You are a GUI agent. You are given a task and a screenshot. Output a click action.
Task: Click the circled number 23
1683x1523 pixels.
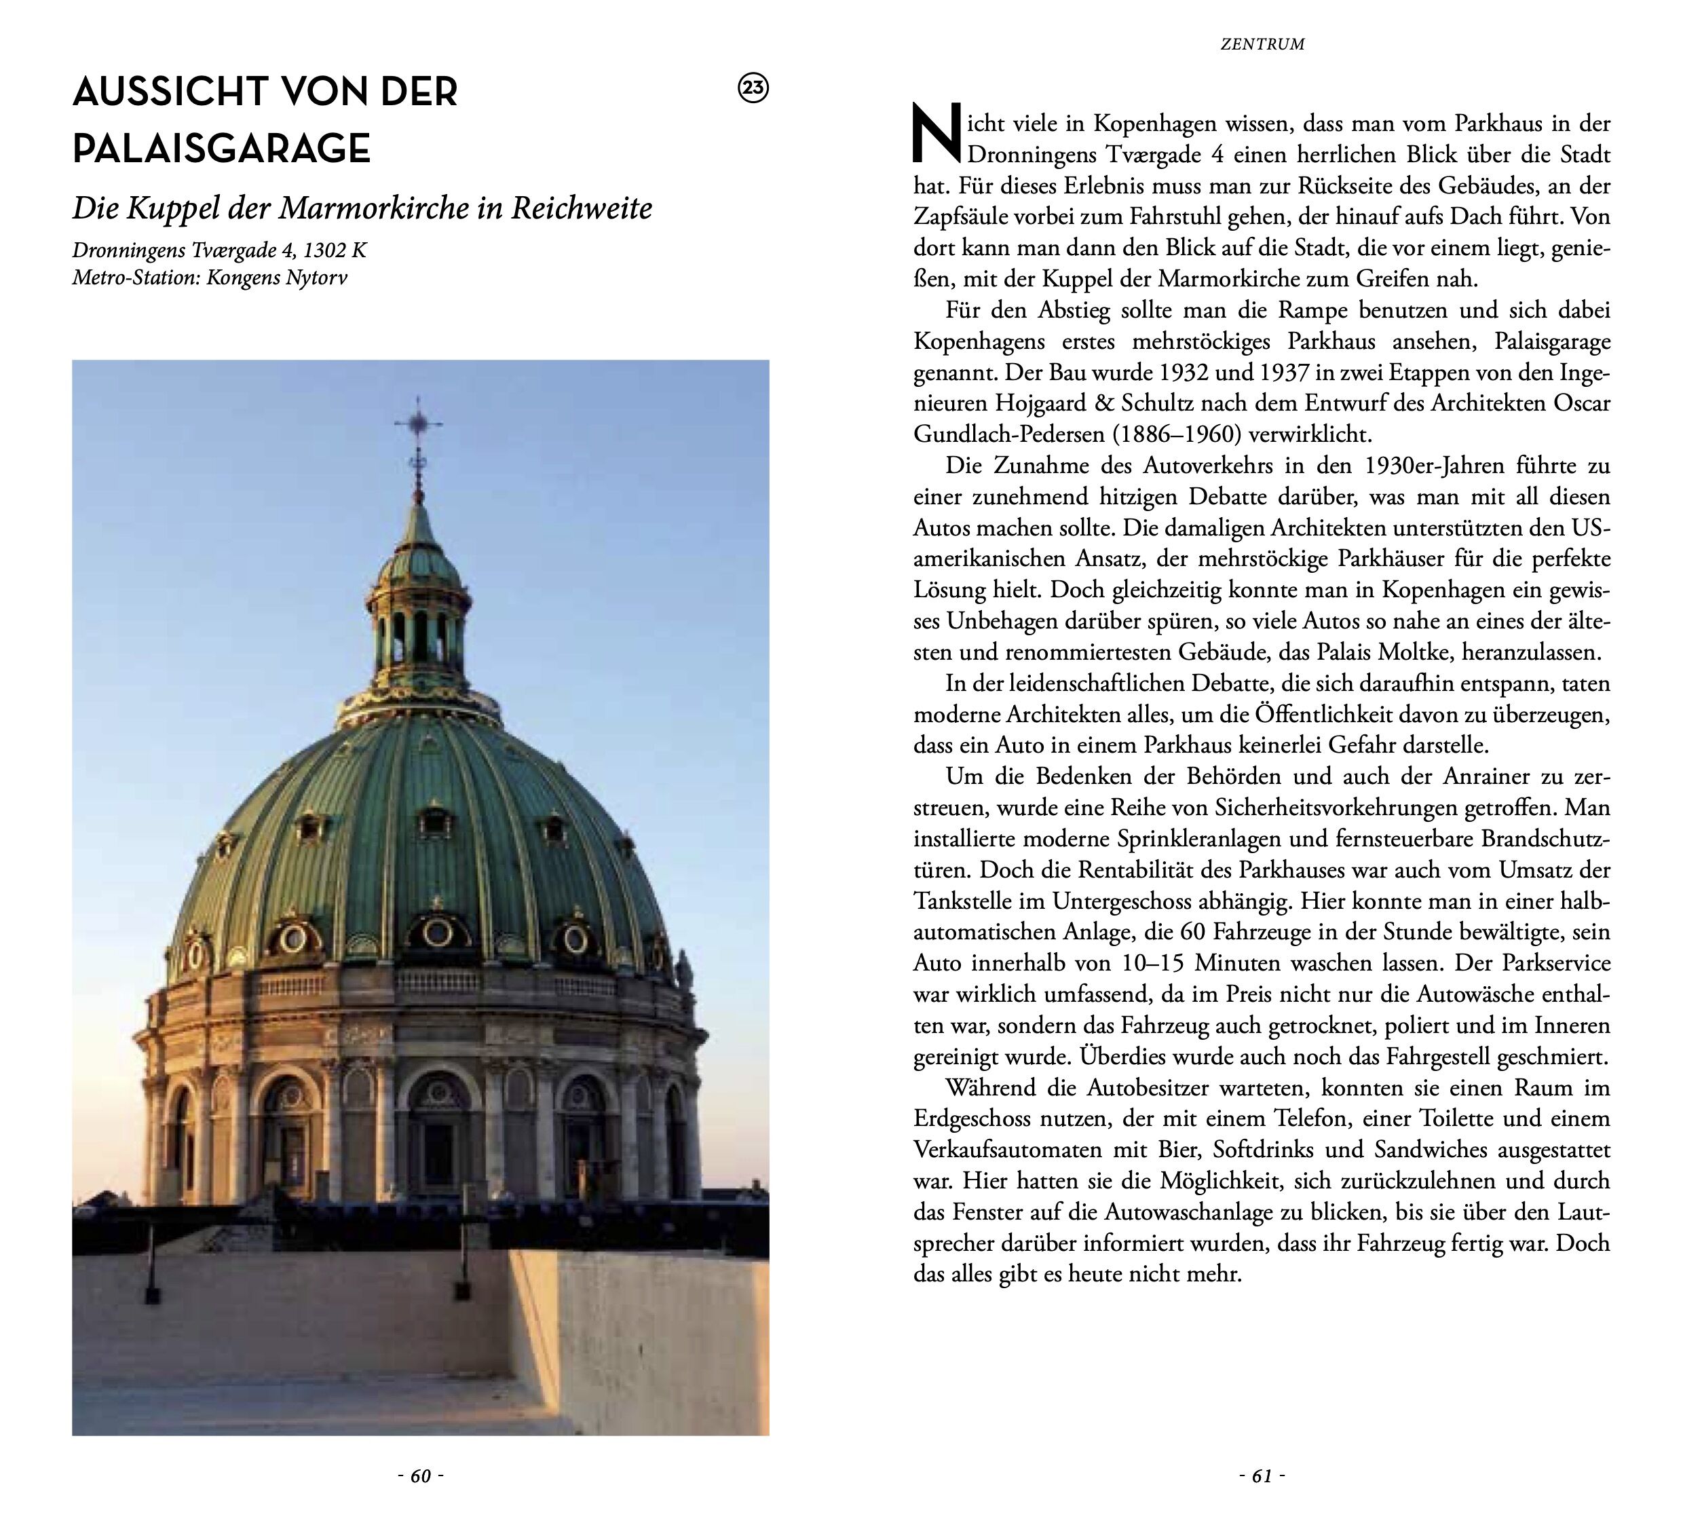(754, 88)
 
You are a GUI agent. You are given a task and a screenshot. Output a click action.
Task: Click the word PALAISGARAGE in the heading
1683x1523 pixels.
(221, 149)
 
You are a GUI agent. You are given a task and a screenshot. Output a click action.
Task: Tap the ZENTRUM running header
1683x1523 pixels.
(1262, 44)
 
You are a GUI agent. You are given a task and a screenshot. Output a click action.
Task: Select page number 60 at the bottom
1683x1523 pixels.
(421, 1476)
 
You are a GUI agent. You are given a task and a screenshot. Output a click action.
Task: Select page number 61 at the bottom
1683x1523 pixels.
(1262, 1476)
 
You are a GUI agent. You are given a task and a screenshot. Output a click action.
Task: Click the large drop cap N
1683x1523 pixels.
(937, 134)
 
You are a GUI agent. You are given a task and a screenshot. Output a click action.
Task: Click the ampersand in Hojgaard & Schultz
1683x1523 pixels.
(1105, 403)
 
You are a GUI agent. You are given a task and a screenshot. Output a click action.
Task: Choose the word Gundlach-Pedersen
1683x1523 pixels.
(993, 435)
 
